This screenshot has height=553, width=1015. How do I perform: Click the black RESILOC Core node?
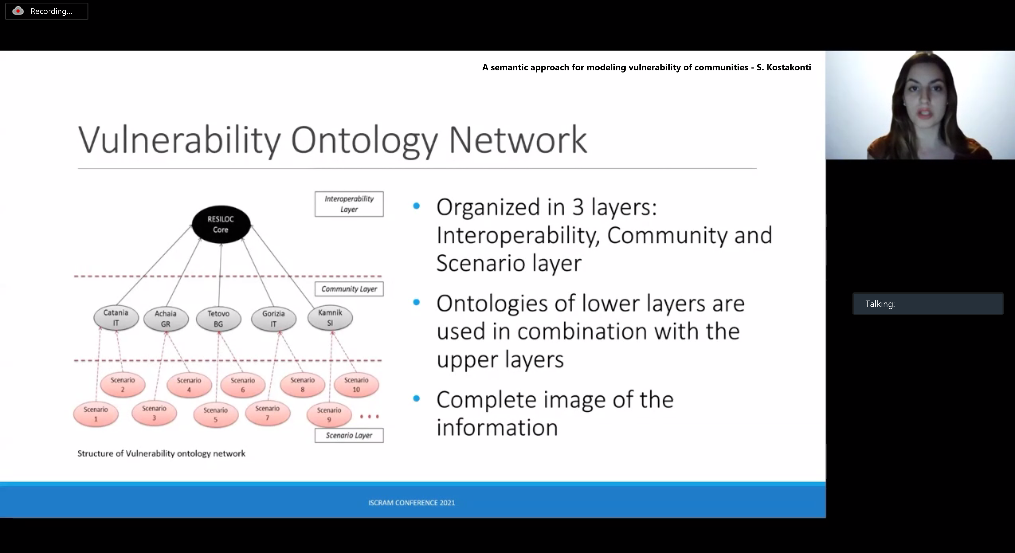(x=221, y=224)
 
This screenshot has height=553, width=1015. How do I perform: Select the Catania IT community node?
(x=116, y=318)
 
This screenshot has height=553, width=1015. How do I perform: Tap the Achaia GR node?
(x=165, y=318)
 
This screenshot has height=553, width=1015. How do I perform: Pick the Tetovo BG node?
(x=218, y=318)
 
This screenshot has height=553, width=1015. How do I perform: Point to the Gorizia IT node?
(x=274, y=318)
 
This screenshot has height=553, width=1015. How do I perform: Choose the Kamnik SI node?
(x=330, y=318)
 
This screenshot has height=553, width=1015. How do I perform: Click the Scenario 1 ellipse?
(x=96, y=414)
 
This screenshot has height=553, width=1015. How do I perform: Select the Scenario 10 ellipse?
(x=356, y=385)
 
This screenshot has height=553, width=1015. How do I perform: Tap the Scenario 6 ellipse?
(x=243, y=385)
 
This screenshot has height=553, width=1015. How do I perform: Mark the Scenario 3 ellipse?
(x=154, y=413)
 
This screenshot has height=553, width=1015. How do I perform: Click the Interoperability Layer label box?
(x=349, y=204)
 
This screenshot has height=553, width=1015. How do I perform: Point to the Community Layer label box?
(x=349, y=289)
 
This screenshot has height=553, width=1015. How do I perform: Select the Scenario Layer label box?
(x=349, y=435)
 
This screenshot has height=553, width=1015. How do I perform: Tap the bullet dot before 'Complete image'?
(x=416, y=398)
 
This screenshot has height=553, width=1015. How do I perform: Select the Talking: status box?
(x=928, y=304)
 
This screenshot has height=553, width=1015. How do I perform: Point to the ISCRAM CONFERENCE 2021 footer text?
(x=411, y=503)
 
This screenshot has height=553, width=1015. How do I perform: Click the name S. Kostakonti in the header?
(x=784, y=67)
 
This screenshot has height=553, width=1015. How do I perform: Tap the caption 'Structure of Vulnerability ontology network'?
(x=161, y=454)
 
